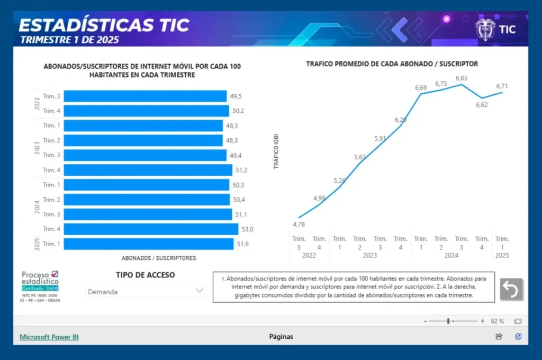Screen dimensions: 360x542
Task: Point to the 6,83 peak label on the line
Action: [x=461, y=78]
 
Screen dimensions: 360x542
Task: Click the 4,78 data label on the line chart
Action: [x=299, y=224]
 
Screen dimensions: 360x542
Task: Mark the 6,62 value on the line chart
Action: [x=482, y=105]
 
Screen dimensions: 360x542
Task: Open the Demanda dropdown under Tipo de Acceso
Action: [x=146, y=291]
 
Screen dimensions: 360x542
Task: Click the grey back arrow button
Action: [x=511, y=289]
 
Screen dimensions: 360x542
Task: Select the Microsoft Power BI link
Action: [x=49, y=337]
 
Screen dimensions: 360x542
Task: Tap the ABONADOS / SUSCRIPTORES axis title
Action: [x=159, y=258]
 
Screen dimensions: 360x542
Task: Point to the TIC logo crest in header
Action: [x=485, y=30]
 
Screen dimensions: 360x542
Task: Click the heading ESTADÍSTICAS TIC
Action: [x=104, y=25]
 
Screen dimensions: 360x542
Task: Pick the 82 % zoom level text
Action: [x=497, y=321]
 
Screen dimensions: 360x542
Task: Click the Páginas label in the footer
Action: [x=281, y=337]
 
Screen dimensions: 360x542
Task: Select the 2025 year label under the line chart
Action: [x=502, y=255]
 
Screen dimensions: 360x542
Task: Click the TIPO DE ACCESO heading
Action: [x=146, y=275]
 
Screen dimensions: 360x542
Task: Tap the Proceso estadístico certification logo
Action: [x=40, y=285]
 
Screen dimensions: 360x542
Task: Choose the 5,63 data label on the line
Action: [x=360, y=157]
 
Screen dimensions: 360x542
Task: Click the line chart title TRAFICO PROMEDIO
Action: [x=392, y=64]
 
